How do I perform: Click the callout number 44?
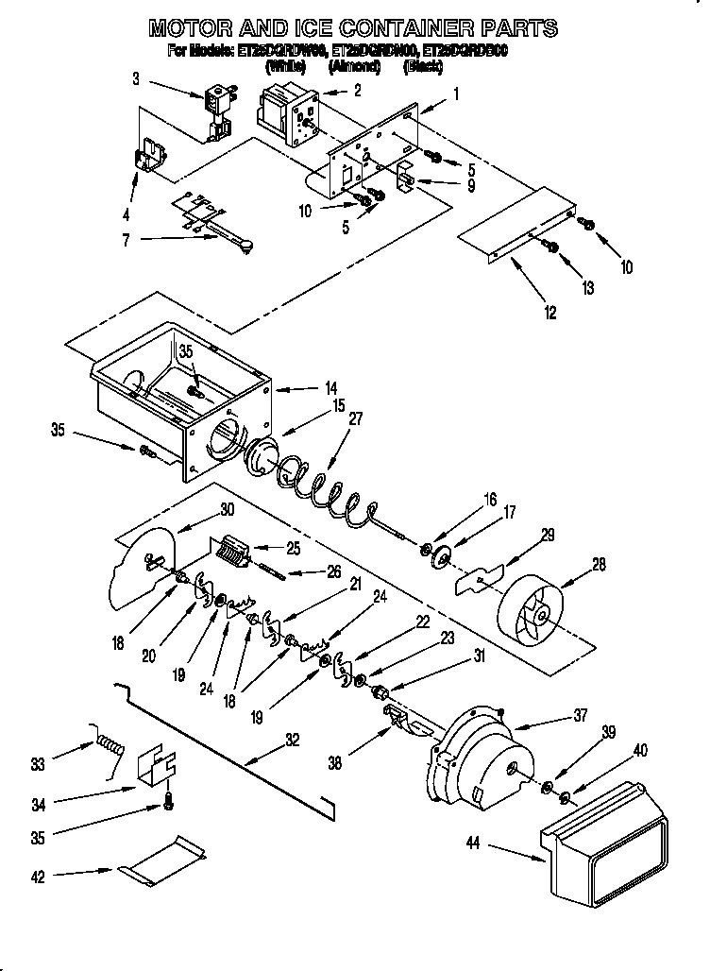click(473, 842)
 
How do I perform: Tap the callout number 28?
click(599, 566)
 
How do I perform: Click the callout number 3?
click(136, 79)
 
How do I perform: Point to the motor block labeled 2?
click(287, 109)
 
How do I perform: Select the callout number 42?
click(38, 876)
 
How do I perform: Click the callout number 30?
click(227, 507)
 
